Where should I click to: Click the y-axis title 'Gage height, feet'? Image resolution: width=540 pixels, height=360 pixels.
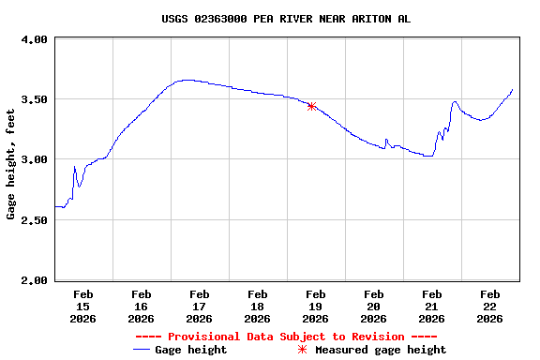point(11,163)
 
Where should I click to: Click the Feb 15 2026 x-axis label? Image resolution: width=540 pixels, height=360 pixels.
point(82,306)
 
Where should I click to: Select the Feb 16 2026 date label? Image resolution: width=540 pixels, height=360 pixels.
point(141,306)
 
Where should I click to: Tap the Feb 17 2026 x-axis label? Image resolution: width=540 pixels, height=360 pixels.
point(199,306)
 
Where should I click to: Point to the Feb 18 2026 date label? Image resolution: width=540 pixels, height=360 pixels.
point(257,306)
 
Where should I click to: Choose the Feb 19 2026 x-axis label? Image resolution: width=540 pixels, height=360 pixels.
point(315,306)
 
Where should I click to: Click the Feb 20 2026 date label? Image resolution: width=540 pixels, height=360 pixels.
point(373,306)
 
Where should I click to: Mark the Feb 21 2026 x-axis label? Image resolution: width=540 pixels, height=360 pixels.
point(431,306)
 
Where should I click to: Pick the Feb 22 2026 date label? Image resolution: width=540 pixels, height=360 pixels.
point(489,306)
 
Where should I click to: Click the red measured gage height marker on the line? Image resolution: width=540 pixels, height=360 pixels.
point(311,107)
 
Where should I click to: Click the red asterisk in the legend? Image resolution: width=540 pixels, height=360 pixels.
point(302,350)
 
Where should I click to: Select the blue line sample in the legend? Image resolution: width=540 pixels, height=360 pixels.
point(142,350)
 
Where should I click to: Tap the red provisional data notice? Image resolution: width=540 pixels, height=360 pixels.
point(286,337)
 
